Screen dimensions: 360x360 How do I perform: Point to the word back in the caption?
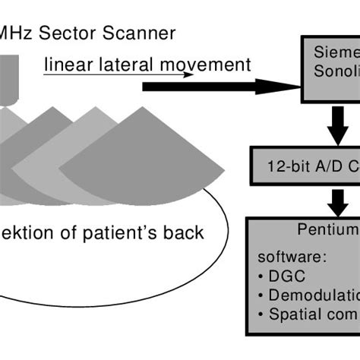tap(185, 232)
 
